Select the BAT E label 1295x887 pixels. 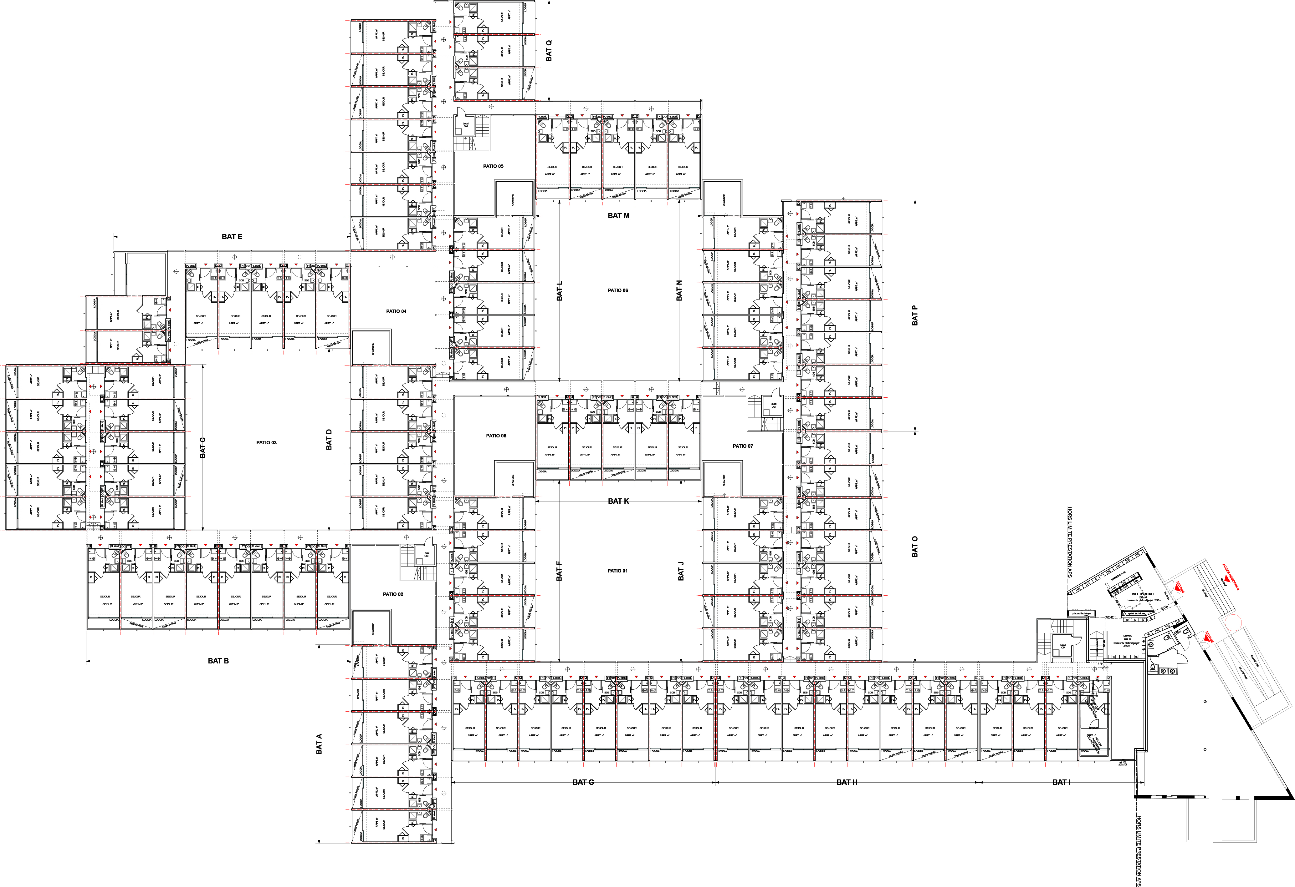click(x=232, y=237)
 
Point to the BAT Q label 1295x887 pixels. click(x=549, y=51)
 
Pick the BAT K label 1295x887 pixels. click(x=618, y=501)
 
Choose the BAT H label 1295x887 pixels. click(x=847, y=782)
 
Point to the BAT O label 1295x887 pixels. click(x=915, y=547)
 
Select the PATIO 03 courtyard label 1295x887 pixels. click(x=266, y=443)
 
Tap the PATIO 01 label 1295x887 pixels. click(x=617, y=571)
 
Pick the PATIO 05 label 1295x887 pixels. click(x=493, y=166)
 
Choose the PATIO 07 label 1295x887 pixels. click(x=743, y=446)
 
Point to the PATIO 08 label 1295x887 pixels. click(x=496, y=436)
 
